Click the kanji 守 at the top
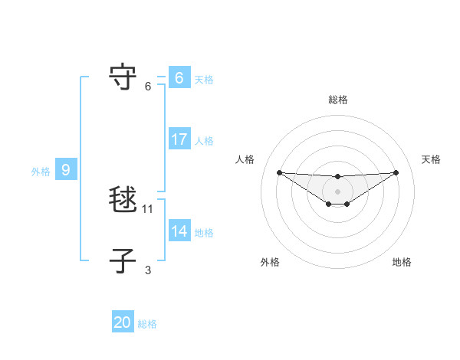123,77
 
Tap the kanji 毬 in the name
123,200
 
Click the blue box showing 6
179,78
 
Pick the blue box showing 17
179,139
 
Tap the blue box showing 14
179,231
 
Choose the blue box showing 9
66,170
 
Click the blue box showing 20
123,322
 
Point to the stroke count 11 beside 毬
148,208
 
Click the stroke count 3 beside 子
148,270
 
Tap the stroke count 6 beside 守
148,86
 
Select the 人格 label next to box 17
204,141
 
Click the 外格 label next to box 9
41,172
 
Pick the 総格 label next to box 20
147,324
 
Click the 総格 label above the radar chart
337,100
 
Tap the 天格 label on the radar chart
431,159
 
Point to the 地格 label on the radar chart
402,262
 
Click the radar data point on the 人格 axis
279,172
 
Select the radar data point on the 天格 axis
396,172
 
